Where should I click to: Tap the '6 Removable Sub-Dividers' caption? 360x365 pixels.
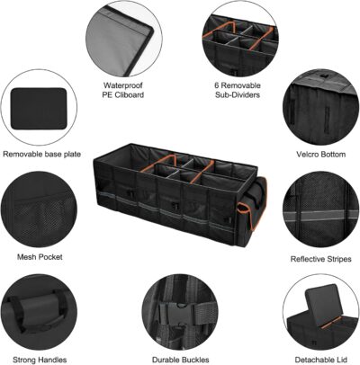coord(238,90)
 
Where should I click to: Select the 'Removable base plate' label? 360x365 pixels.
coord(42,154)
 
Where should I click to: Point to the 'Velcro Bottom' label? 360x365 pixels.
coord(319,154)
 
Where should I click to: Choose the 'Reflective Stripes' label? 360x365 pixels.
coord(319,259)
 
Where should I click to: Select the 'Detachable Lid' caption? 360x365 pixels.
coord(320,359)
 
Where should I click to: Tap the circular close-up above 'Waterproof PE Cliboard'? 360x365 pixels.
coord(123,38)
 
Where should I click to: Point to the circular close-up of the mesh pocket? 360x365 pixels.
coord(38,212)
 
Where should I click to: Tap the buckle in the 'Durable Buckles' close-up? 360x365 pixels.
coord(181,316)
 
